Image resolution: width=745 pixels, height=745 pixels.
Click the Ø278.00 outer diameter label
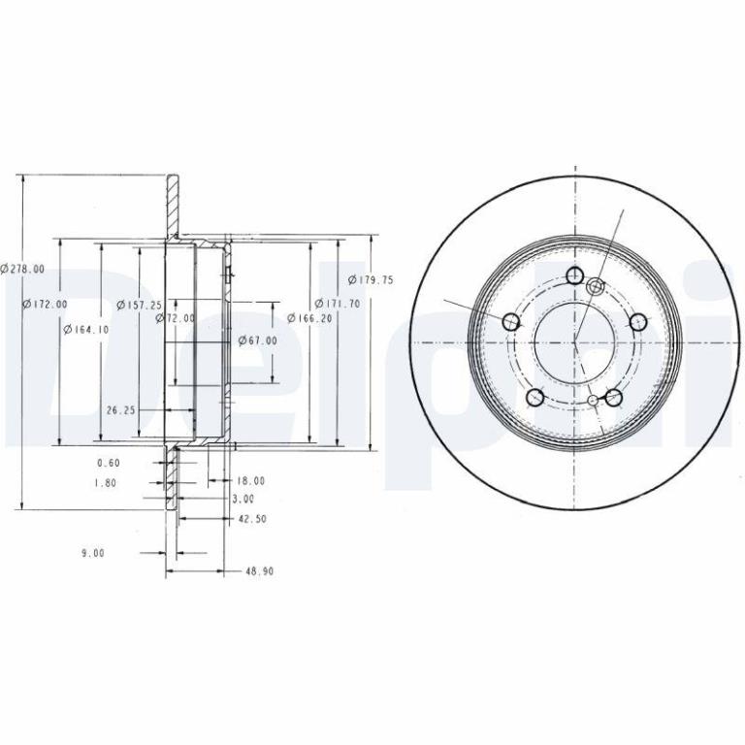22,269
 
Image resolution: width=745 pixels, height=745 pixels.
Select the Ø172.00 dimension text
46,304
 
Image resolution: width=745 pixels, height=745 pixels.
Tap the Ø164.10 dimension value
86,329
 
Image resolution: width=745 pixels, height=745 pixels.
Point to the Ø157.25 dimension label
140,305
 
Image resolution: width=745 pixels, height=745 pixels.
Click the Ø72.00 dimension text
176,318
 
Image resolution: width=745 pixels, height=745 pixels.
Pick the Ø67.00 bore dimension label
257,340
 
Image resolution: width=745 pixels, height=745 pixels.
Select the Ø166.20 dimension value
309,318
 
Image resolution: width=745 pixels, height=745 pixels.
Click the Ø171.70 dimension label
338,303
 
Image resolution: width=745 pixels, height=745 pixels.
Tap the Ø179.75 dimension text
372,279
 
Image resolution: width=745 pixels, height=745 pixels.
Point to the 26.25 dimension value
121,410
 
